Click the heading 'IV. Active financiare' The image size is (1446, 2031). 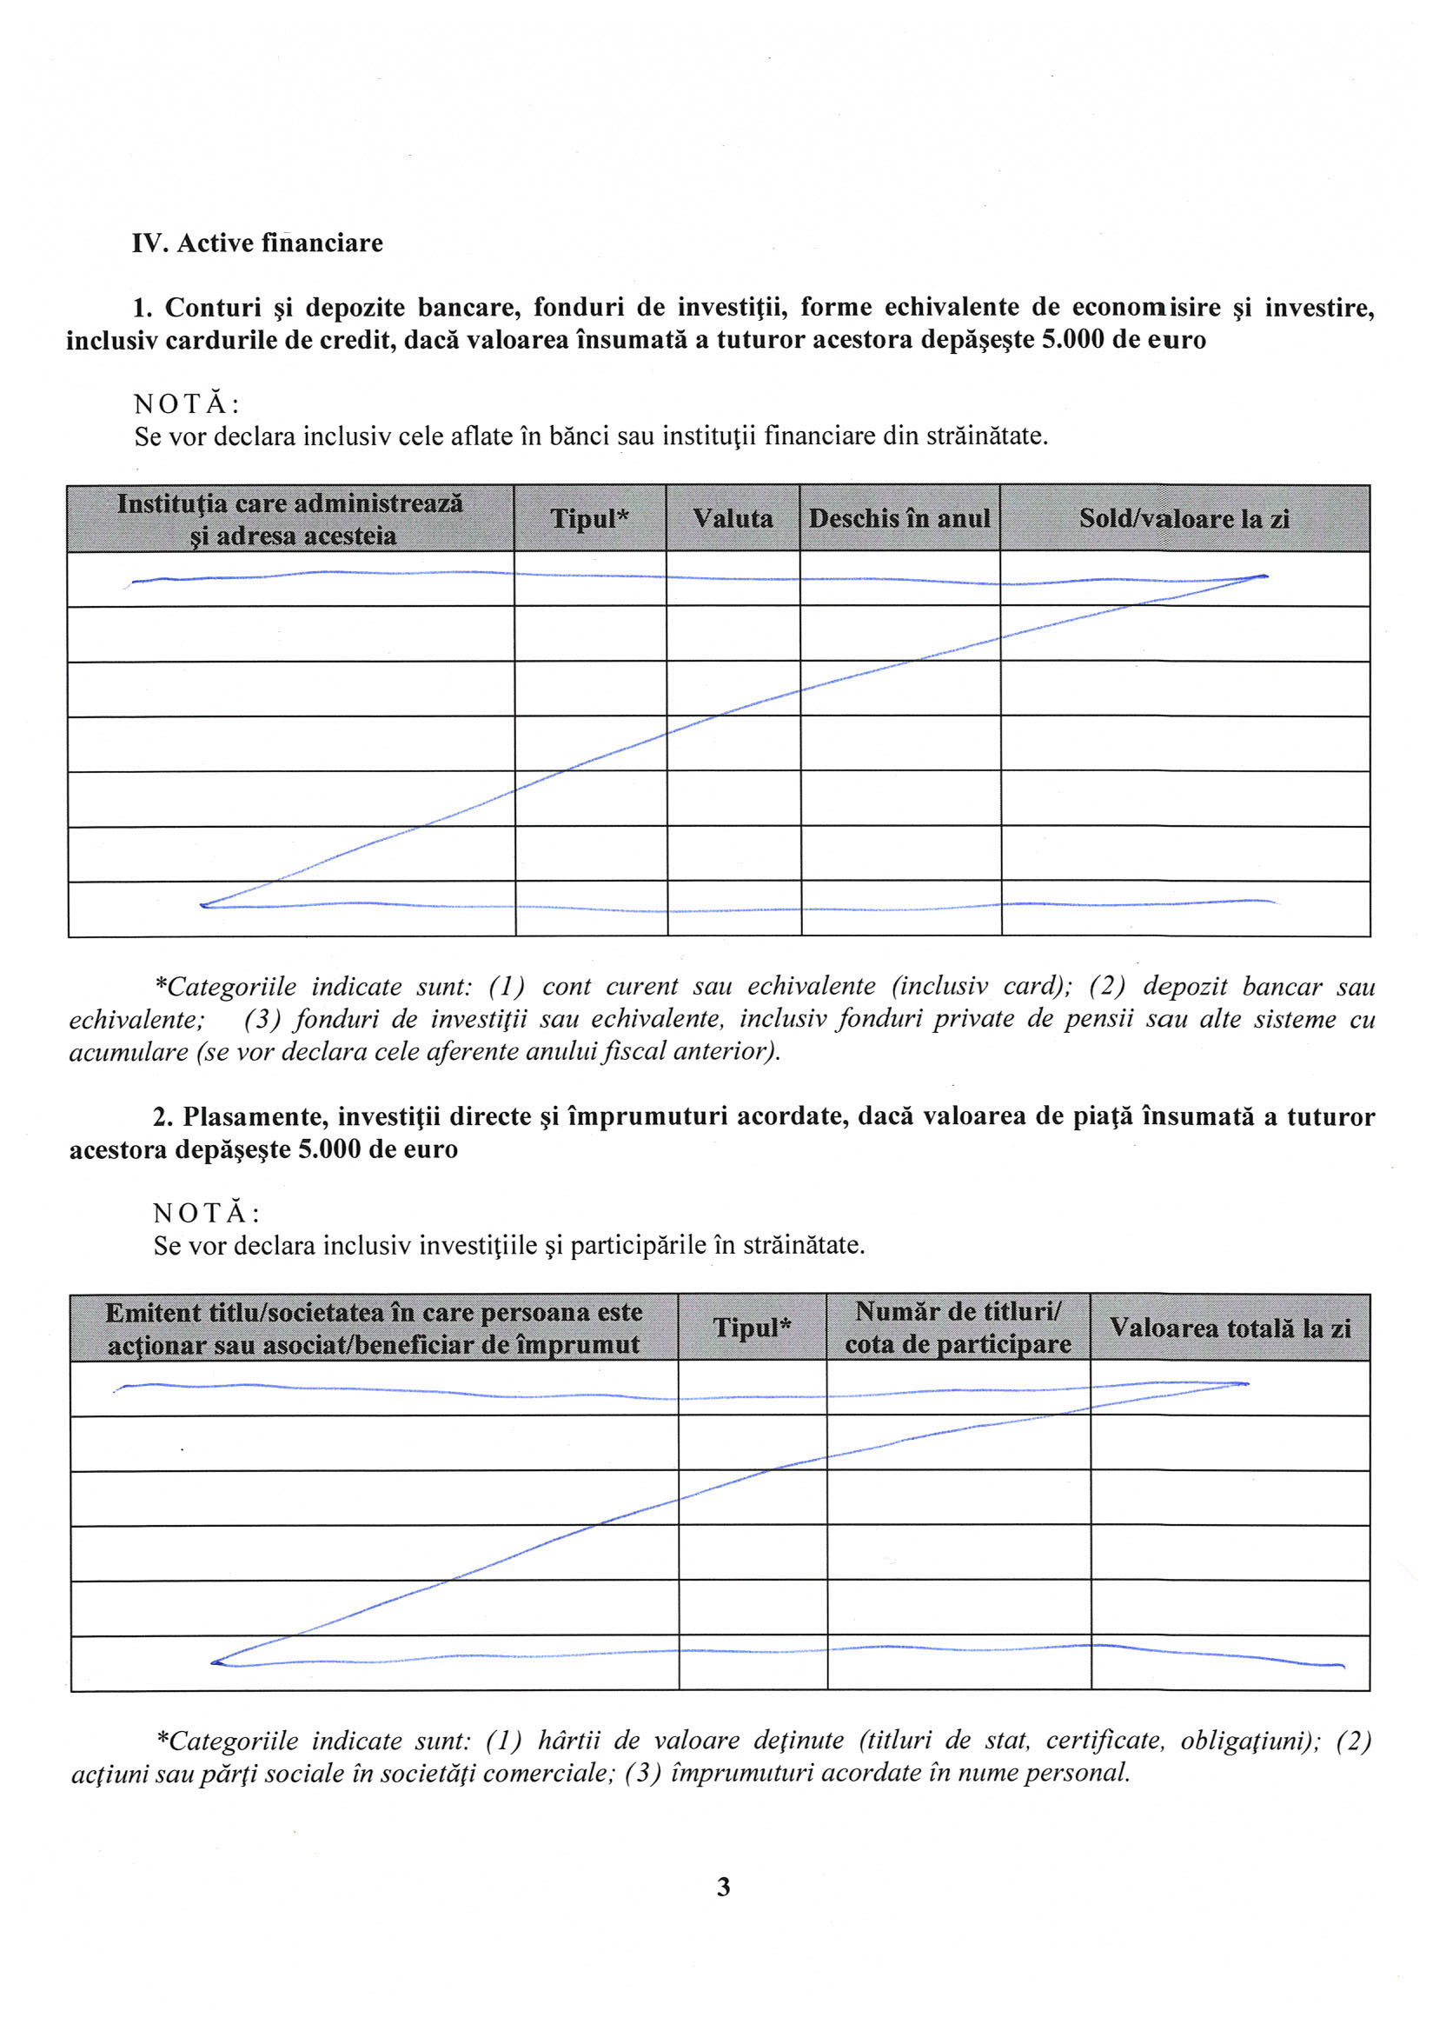tap(257, 243)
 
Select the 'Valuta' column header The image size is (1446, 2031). tap(733, 518)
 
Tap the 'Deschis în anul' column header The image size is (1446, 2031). tap(899, 518)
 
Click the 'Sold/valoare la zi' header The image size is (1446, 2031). tap(1184, 518)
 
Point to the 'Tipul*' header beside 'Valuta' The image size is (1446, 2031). tap(589, 518)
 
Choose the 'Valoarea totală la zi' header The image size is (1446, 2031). tap(1230, 1328)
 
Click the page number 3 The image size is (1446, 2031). tap(723, 1887)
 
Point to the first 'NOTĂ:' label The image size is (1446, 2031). tap(187, 404)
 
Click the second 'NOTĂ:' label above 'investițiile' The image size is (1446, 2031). tap(207, 1213)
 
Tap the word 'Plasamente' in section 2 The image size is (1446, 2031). tap(253, 1117)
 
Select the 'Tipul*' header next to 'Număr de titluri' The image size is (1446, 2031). tap(753, 1328)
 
